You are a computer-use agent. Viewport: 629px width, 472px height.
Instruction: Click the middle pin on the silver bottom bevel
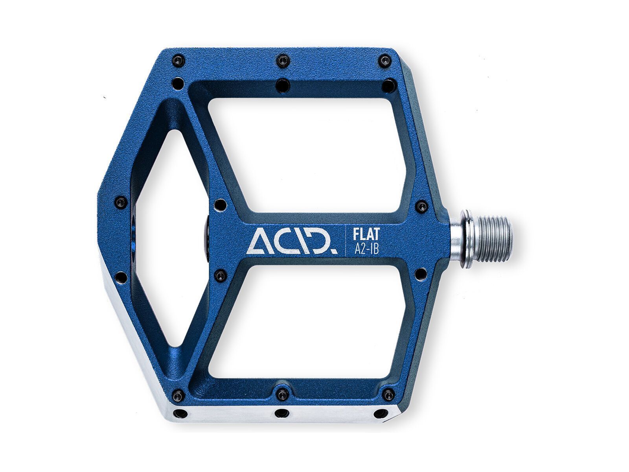[x=281, y=413]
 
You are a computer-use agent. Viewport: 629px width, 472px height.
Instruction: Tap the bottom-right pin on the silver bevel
[x=381, y=413]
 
